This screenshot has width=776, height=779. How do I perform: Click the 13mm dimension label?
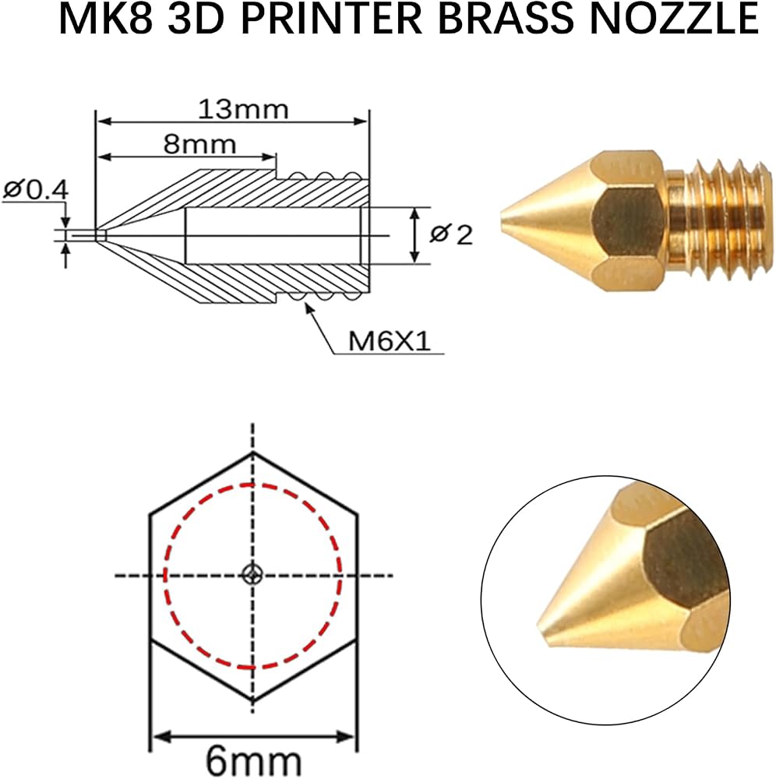243,109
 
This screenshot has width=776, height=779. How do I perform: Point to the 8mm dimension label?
199,145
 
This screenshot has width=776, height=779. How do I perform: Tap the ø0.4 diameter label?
35,190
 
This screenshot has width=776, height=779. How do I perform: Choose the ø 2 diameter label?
451,234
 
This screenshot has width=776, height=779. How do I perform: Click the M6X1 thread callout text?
389,341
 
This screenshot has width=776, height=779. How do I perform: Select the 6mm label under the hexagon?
253,760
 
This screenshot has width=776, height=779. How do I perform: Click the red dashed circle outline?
164,576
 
